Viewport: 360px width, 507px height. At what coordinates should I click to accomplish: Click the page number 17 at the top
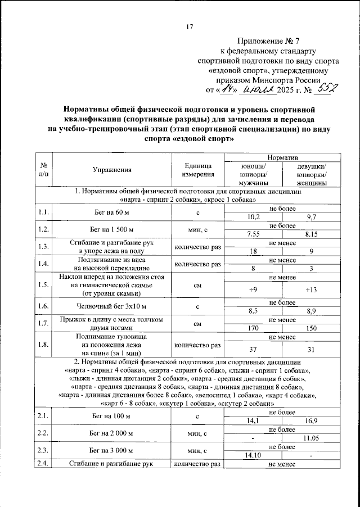tap(189, 26)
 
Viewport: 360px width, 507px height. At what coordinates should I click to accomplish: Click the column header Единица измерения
tap(197, 170)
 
